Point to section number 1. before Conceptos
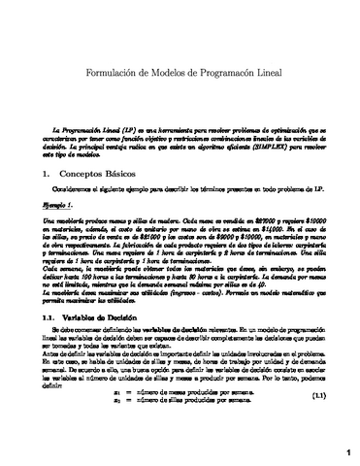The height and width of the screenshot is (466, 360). (36, 173)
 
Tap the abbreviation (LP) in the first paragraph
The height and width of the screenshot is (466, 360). (123, 128)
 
